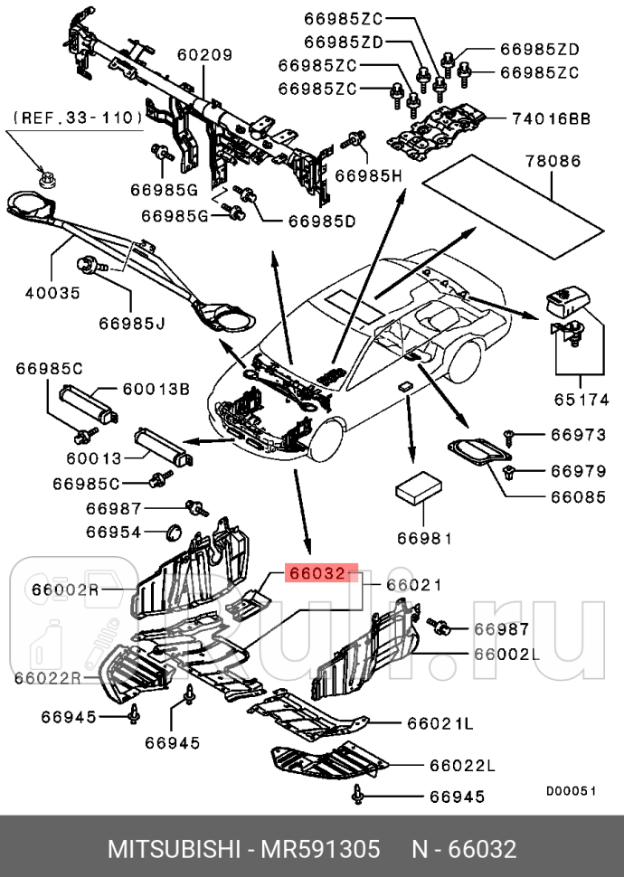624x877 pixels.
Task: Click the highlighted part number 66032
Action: click(317, 573)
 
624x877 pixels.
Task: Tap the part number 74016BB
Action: click(552, 118)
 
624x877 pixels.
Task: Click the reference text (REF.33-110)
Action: click(77, 118)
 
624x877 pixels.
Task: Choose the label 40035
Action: click(52, 293)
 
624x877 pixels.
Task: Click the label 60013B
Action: click(156, 389)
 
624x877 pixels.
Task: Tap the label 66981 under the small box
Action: click(423, 538)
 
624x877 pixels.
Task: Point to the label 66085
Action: click(578, 496)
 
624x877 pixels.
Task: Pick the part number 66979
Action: click(578, 470)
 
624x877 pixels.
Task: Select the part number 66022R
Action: click(47, 677)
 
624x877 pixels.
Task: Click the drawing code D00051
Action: click(571, 789)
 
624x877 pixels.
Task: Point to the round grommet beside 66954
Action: click(175, 530)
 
